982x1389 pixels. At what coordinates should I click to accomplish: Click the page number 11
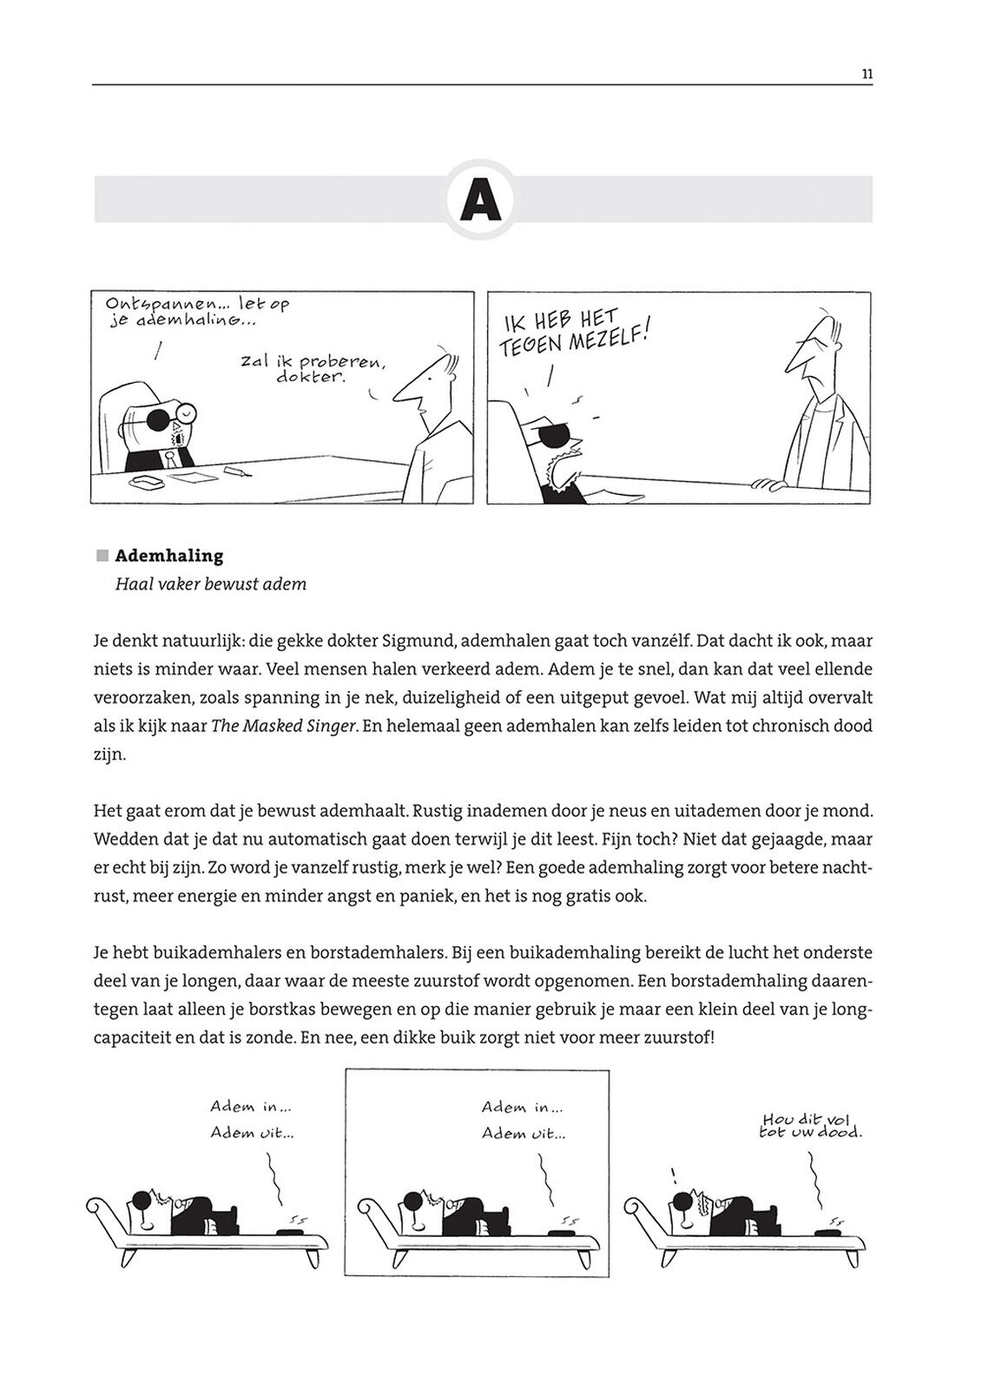867,74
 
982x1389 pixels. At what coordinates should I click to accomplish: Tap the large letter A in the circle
481,201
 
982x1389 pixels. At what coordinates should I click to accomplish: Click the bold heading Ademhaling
169,556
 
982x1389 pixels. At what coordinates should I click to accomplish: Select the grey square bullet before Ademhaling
102,556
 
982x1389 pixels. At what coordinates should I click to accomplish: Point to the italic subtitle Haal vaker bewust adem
211,584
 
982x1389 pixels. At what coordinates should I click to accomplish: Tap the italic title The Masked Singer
284,727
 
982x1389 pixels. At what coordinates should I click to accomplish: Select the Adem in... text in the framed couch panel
522,1108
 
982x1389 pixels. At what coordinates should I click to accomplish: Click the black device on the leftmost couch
287,1230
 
